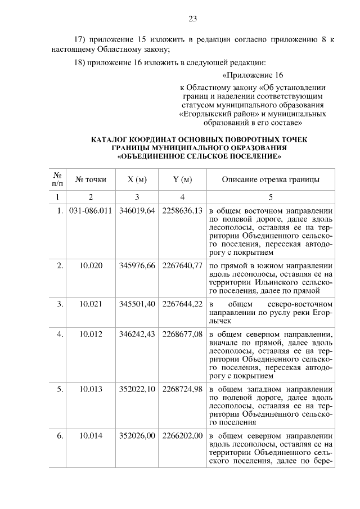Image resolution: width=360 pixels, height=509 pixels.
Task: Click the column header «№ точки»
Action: [x=91, y=179]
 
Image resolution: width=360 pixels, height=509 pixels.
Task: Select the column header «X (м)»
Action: [x=137, y=179]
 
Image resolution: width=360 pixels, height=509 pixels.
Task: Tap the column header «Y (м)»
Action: [x=182, y=179]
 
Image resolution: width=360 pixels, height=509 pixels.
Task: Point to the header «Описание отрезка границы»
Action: [x=271, y=179]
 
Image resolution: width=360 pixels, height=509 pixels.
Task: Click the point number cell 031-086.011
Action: [x=91, y=210]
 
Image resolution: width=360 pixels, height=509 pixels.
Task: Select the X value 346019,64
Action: [x=137, y=210]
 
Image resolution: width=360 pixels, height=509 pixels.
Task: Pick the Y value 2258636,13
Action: [x=182, y=210]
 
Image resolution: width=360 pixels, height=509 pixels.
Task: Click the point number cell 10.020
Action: [x=91, y=265]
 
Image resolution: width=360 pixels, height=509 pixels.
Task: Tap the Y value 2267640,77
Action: [x=182, y=265]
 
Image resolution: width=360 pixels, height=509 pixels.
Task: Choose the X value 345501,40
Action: [x=137, y=304]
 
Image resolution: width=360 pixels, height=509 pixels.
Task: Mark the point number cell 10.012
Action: [x=91, y=334]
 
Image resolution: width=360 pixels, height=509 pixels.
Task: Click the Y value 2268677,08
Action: [x=182, y=334]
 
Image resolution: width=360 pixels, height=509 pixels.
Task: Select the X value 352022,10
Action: [x=137, y=389]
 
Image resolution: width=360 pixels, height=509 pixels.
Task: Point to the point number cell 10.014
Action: [x=91, y=435]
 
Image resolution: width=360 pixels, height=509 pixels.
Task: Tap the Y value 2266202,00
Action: [x=182, y=435]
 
